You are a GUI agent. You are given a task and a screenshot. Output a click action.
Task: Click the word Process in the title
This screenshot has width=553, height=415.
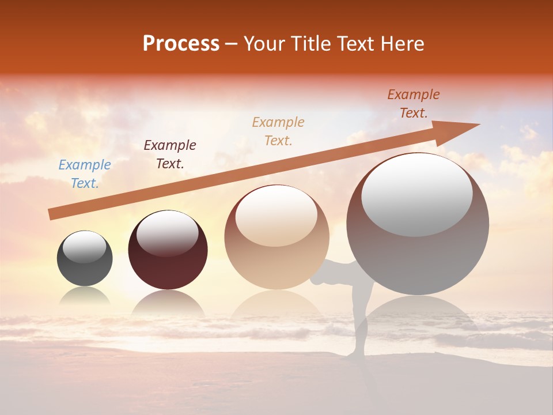coord(181,44)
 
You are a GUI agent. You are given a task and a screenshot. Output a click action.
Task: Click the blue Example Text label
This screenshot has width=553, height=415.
coord(85,174)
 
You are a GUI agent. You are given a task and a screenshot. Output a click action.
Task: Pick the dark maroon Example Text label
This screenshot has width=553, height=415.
coord(170,154)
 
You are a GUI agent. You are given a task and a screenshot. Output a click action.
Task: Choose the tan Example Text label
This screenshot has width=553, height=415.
coord(278,131)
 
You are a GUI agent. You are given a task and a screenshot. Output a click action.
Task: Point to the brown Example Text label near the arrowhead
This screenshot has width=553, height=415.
coord(414,104)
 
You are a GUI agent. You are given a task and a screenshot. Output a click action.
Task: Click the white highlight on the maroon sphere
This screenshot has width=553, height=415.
coord(168,234)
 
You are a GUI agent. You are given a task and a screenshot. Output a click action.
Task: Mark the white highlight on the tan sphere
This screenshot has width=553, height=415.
coord(276,215)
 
